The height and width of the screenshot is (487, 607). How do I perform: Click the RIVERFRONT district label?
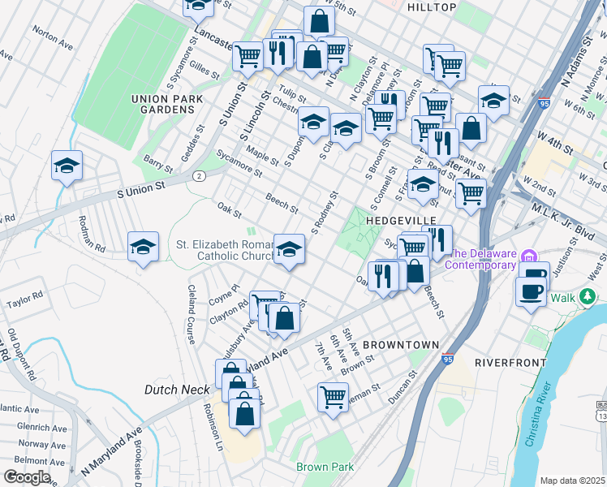pos(508,361)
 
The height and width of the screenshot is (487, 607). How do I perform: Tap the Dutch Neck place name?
pos(177,390)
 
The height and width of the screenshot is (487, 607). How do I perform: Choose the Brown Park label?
pos(325,467)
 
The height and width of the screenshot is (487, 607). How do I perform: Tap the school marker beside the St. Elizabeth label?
pos(289,248)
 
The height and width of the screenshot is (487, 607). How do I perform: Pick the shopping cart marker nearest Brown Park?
pos(333,397)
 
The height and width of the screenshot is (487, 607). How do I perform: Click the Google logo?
pos(27,477)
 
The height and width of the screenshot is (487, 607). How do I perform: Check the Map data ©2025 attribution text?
pos(572,481)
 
